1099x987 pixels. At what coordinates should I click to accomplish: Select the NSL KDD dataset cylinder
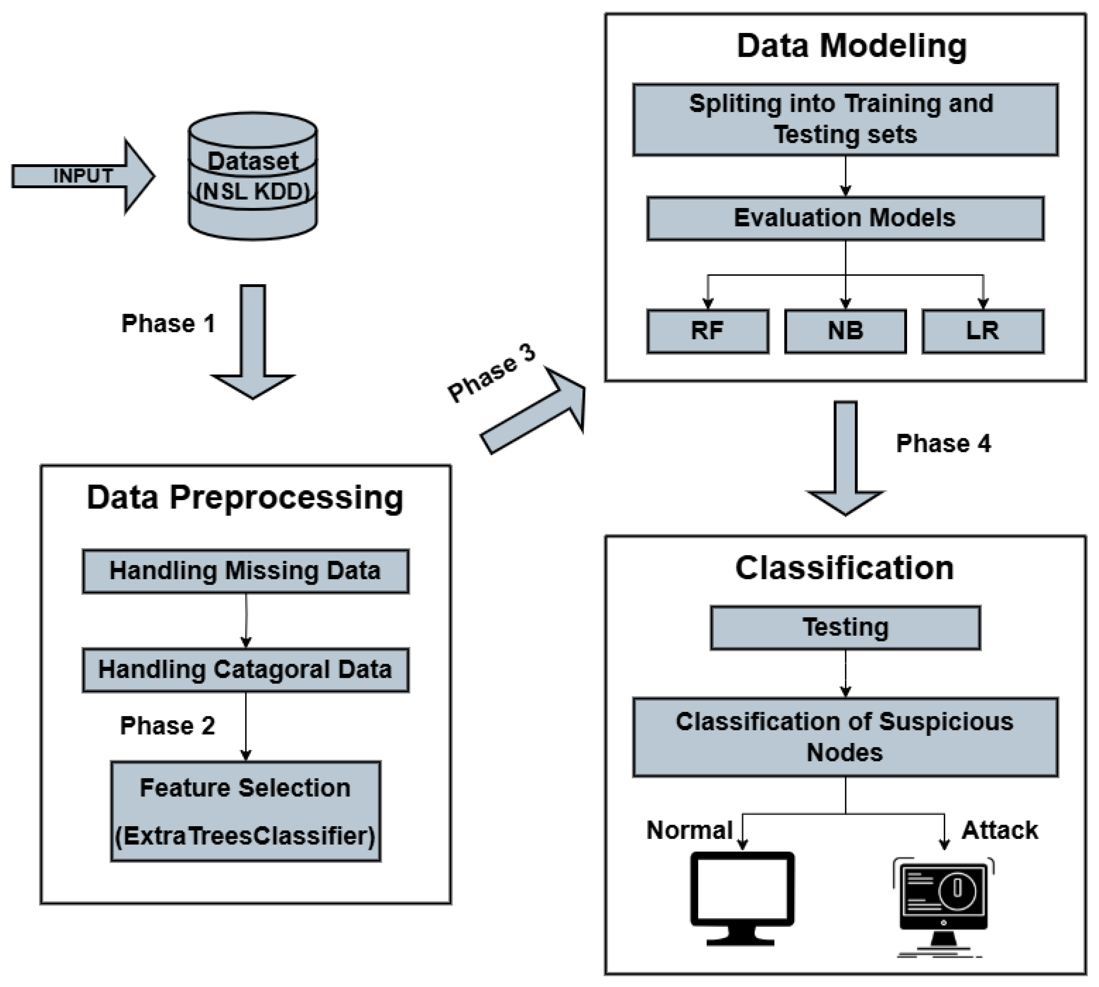coord(253,176)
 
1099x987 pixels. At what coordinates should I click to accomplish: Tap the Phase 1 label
coord(168,324)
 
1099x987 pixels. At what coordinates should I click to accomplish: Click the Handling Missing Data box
coord(246,571)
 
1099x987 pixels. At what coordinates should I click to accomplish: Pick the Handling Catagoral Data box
coord(246,670)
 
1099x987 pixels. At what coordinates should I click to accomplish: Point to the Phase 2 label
coord(168,726)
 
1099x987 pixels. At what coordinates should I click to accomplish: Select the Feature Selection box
coord(246,811)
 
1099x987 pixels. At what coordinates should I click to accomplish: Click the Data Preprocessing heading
coord(245,497)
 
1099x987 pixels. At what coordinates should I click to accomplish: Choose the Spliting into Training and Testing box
coord(845,119)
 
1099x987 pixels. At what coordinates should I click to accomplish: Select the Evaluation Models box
coord(845,218)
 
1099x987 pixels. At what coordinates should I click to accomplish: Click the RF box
coord(707,331)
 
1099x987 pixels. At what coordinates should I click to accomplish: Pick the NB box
coord(845,331)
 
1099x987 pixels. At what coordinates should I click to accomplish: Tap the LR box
coord(982,331)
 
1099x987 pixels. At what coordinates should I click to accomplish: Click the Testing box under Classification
coord(845,627)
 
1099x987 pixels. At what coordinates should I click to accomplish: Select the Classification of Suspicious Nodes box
coord(845,737)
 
